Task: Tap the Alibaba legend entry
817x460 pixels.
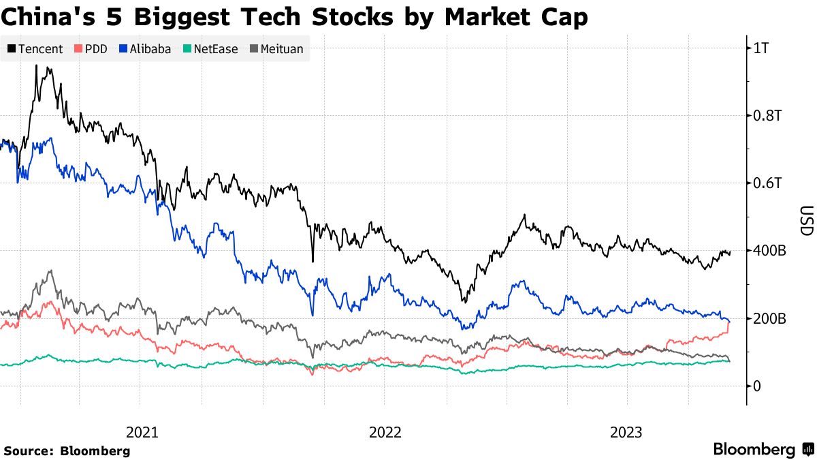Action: [145, 49]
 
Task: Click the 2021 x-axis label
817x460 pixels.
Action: [142, 432]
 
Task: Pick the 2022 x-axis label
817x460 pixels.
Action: [385, 432]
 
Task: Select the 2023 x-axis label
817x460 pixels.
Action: [626, 432]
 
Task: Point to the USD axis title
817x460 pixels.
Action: [806, 221]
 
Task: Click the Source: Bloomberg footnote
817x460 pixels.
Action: [66, 450]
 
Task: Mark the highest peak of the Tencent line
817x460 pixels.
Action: [36, 66]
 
